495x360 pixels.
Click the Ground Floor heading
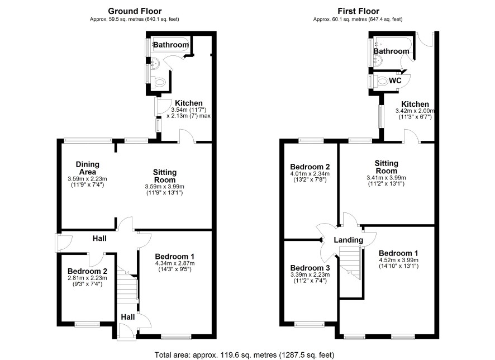(135, 11)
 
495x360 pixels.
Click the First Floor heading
(358, 11)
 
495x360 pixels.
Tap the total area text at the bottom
(244, 355)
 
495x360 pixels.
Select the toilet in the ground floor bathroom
(159, 83)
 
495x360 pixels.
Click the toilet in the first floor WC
(382, 82)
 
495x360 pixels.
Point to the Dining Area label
(88, 168)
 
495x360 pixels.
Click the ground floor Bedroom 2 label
(88, 271)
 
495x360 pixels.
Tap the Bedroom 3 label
(310, 268)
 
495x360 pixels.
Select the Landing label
(349, 240)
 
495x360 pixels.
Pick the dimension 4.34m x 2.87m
(175, 263)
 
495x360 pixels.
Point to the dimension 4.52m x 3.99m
(399, 260)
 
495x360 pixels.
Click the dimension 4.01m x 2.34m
(310, 174)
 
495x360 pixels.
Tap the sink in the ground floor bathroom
(155, 64)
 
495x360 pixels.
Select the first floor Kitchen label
(415, 104)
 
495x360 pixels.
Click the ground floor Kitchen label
(189, 103)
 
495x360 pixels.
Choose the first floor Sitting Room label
(387, 167)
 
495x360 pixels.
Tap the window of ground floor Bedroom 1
(176, 337)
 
